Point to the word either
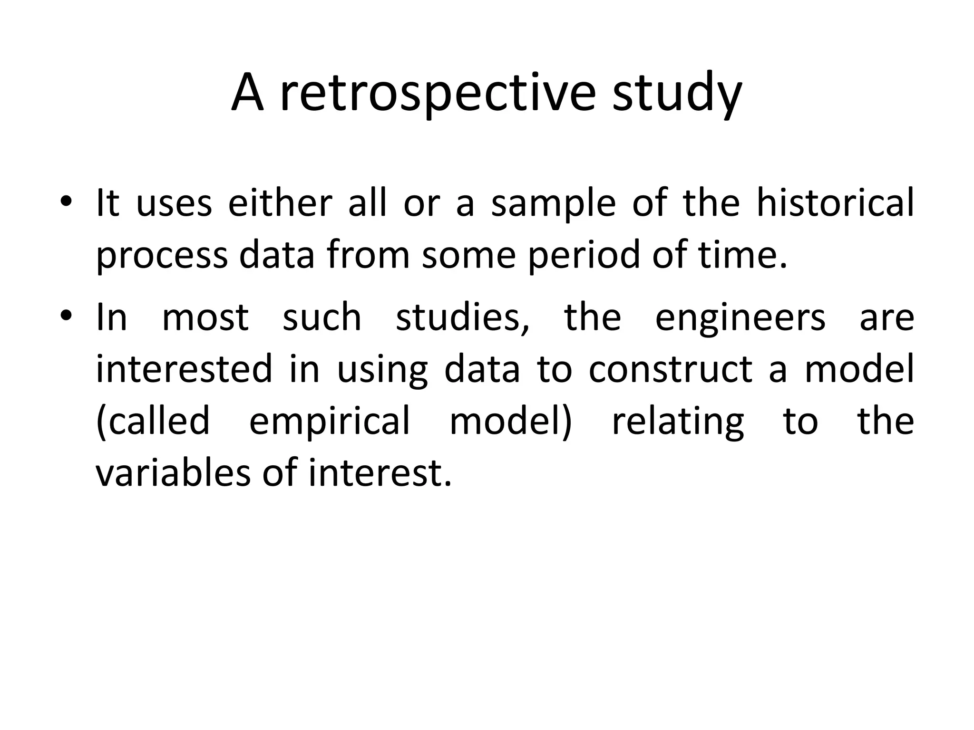(280, 203)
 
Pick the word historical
(835, 203)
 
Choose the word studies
(462, 317)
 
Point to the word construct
(670, 369)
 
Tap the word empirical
(329, 422)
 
